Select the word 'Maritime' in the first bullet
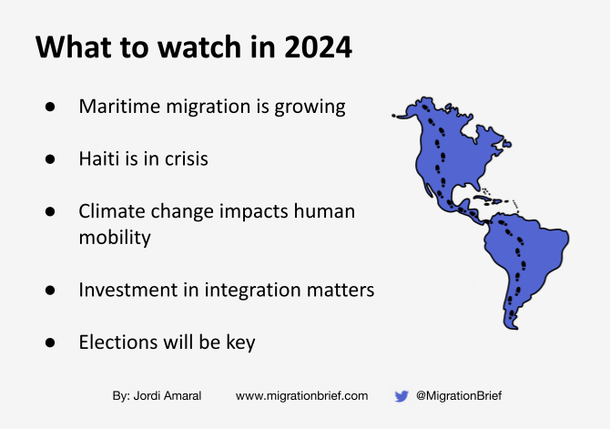pyautogui.click(x=115, y=107)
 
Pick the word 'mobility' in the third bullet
pyautogui.click(x=115, y=237)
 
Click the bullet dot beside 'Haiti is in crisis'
pyautogui.click(x=51, y=159)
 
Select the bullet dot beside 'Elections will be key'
pyautogui.click(x=51, y=343)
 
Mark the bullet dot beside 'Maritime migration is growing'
pyautogui.click(x=51, y=107)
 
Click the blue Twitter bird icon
pyautogui.click(x=402, y=396)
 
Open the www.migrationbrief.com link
pyautogui.click(x=301, y=396)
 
